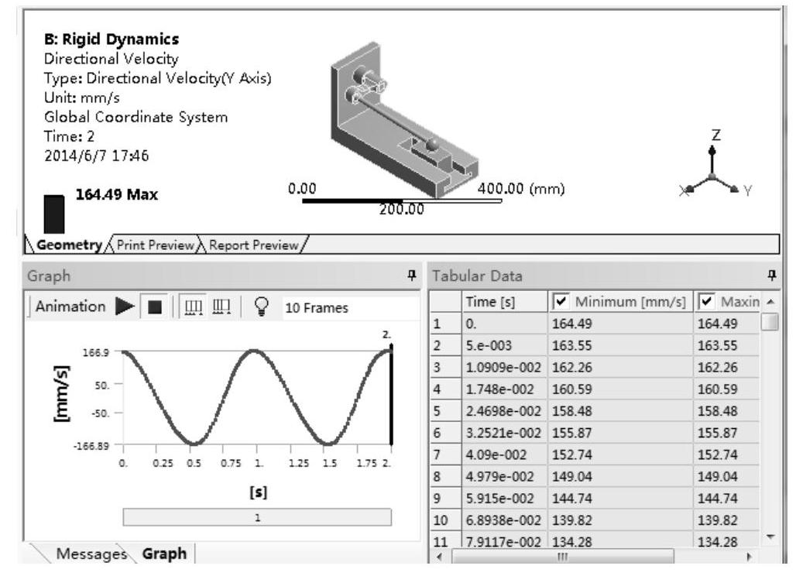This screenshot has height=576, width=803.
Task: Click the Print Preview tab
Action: tap(156, 245)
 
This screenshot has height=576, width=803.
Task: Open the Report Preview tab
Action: tap(253, 245)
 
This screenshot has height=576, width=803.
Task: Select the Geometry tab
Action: tap(69, 245)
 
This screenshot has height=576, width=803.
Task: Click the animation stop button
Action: tap(154, 307)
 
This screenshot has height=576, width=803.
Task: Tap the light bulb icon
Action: tap(261, 307)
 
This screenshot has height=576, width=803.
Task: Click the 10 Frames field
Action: tap(317, 307)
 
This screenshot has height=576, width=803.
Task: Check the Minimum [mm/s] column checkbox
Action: tap(561, 301)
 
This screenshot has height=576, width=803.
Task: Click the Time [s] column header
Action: tap(490, 302)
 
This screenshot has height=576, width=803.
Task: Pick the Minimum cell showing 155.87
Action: tap(572, 433)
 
